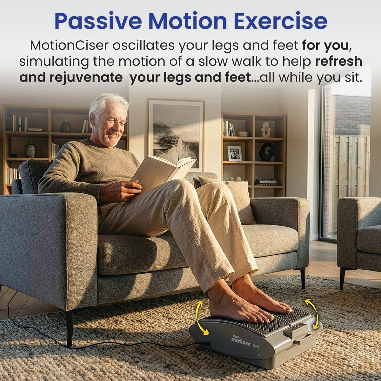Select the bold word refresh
[338, 61]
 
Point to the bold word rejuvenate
[86, 77]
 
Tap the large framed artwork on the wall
[176, 133]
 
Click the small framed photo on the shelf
[235, 153]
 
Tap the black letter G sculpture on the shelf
[267, 152]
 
